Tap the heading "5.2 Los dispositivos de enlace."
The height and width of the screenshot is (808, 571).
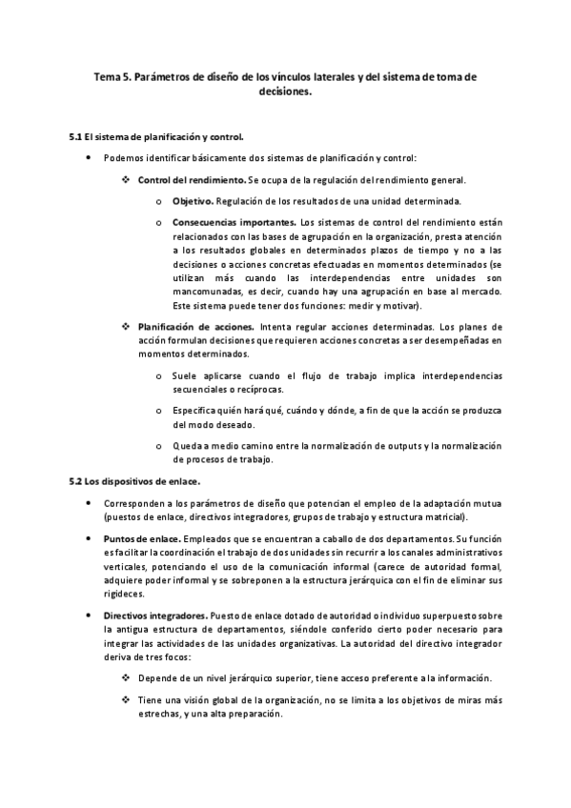point(134,482)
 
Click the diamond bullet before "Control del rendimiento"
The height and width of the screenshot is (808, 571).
point(126,179)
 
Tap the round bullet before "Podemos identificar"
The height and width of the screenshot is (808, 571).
point(89,157)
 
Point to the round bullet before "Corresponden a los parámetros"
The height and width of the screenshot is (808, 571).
point(89,503)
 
